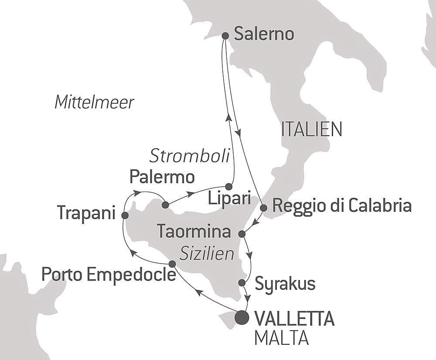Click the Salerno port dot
(225, 36)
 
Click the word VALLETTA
(293, 319)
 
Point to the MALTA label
(281, 339)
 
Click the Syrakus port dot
(242, 283)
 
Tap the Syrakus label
(285, 284)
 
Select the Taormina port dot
(242, 234)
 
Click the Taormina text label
(194, 231)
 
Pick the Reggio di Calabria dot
(263, 208)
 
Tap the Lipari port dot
(228, 186)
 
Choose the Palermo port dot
(165, 204)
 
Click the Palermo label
(162, 177)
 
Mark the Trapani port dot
(125, 215)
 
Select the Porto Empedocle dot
(172, 264)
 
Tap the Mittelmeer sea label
(94, 103)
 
